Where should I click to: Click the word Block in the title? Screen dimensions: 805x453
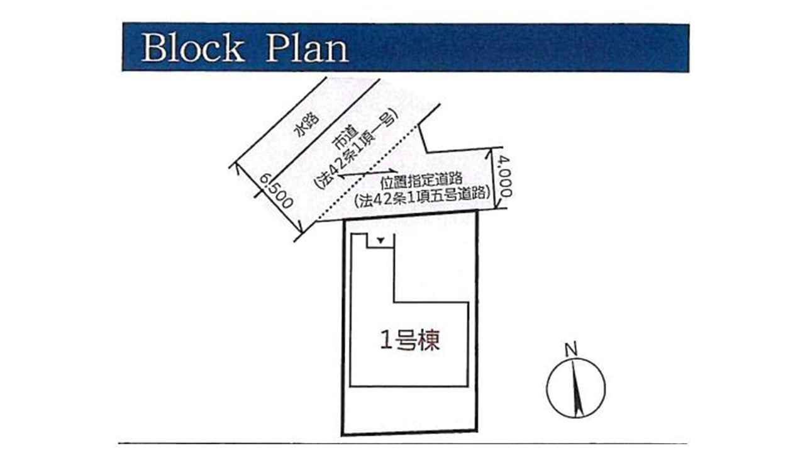click(x=193, y=48)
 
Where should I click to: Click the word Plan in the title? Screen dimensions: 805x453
click(x=307, y=48)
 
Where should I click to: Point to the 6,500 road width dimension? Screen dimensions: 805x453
click(x=275, y=191)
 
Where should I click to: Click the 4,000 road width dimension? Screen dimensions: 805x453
click(x=505, y=177)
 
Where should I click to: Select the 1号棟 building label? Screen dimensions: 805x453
click(x=409, y=340)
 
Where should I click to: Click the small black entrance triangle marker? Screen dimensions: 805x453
click(x=381, y=240)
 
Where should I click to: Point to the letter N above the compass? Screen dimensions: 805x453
click(x=571, y=349)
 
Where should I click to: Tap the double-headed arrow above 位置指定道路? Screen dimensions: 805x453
click(x=369, y=174)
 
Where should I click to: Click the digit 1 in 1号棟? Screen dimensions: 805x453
click(x=386, y=340)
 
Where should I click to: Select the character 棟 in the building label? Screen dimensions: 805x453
click(x=429, y=340)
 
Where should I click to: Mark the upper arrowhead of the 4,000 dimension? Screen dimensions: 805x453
click(x=489, y=154)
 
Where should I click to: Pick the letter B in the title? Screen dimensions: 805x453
click(x=155, y=48)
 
